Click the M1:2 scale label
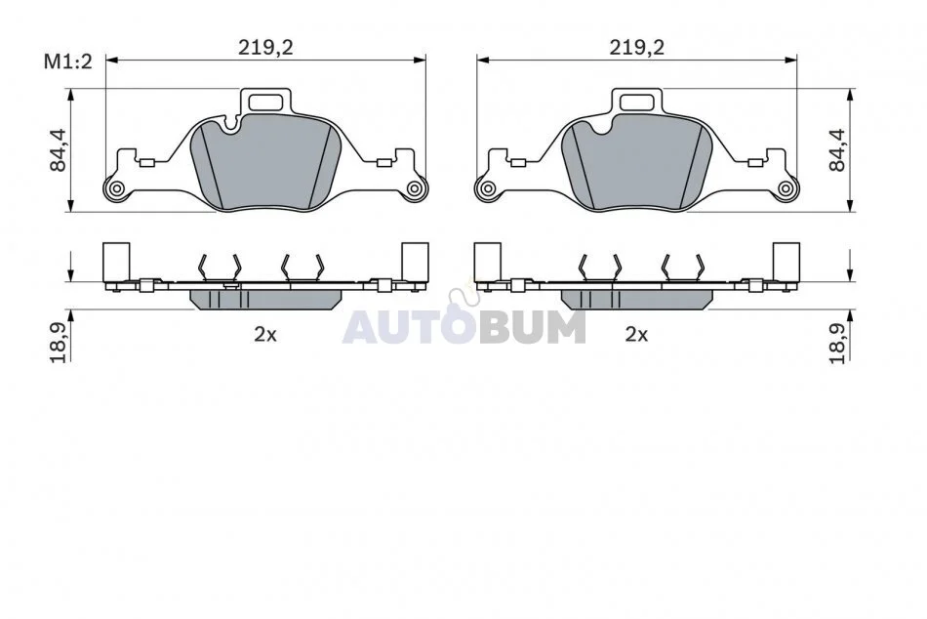tap(68, 61)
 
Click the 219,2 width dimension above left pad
tap(265, 47)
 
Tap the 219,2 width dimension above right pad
tap(637, 47)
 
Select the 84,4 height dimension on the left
tap(59, 150)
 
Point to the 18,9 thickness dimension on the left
tap(59, 343)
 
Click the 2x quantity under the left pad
tap(265, 334)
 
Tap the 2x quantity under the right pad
tap(637, 334)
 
